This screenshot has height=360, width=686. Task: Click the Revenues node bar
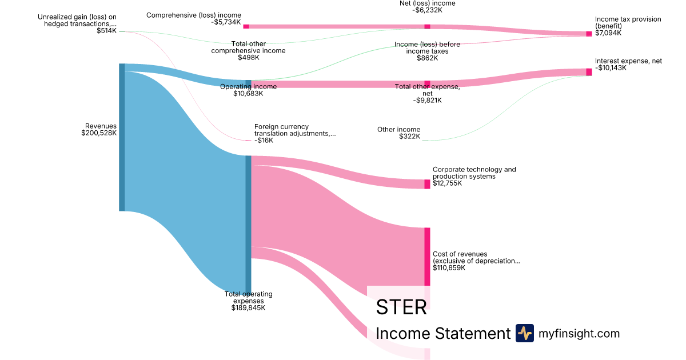tap(122, 137)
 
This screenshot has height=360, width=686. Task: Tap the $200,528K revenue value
tap(99, 133)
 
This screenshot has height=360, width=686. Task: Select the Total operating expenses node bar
tap(248, 223)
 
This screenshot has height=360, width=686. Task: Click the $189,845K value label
tap(248, 308)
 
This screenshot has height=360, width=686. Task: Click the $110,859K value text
tap(449, 267)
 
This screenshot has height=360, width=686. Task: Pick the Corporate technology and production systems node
tap(427, 184)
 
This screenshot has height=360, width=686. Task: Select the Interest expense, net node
tap(589, 72)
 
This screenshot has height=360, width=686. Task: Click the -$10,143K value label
tap(611, 68)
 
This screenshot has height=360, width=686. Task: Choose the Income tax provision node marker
tap(589, 34)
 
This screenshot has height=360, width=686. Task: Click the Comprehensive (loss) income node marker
tap(246, 26)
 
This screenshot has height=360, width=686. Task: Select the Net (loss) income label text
tap(427, 3)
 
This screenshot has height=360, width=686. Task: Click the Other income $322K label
tap(398, 133)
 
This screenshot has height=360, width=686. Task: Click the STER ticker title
tap(401, 307)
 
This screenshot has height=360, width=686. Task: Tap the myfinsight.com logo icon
tap(524, 333)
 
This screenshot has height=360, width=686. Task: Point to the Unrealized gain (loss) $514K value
tap(106, 31)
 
